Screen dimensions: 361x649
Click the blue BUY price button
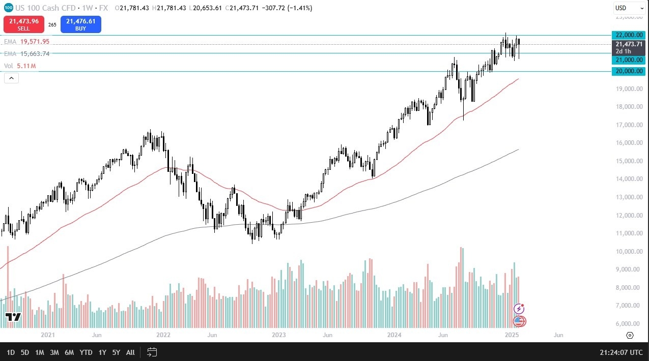tap(80, 24)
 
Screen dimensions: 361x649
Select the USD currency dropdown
tap(629, 8)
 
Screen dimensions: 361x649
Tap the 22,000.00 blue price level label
tap(629, 35)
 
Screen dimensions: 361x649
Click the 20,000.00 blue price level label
tap(629, 72)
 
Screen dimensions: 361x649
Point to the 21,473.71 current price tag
tap(629, 44)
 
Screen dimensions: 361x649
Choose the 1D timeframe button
tap(10, 352)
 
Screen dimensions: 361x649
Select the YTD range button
tap(86, 352)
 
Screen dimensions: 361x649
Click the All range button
tap(130, 352)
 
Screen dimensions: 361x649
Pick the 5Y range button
tap(116, 352)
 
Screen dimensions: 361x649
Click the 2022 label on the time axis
tap(163, 336)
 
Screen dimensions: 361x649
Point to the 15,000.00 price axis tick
tap(629, 161)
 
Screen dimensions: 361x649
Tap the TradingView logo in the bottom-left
tap(13, 317)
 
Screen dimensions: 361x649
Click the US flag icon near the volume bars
tap(519, 321)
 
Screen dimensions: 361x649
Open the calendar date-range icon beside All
tap(152, 352)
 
